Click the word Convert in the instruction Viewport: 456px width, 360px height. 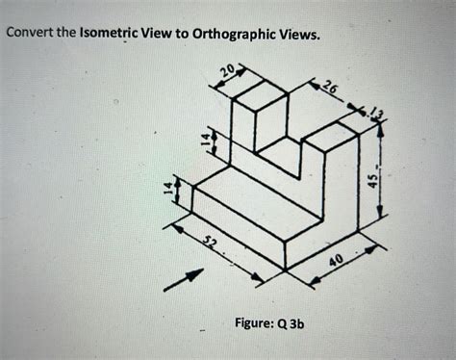pyautogui.click(x=30, y=35)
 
